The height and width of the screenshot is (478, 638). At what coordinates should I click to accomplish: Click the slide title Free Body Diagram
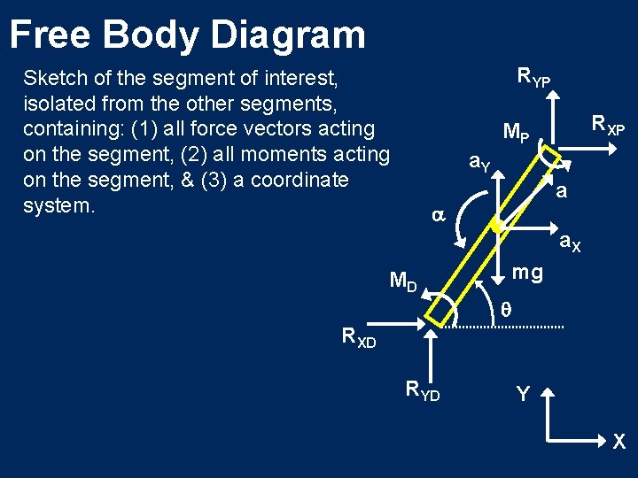tap(187, 35)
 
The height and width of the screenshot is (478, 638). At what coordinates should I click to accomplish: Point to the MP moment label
tap(516, 135)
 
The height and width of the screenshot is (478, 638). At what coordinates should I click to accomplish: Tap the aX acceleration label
tap(569, 242)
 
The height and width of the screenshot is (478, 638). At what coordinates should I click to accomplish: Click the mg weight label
tap(527, 273)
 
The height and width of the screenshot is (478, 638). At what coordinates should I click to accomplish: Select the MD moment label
tap(403, 282)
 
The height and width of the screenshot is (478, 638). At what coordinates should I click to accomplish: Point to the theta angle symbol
tap(506, 310)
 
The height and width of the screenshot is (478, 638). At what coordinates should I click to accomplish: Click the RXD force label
tap(359, 336)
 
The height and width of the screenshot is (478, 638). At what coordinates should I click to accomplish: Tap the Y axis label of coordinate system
tap(523, 393)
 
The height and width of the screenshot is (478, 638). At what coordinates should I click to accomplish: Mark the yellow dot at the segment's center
tap(496, 227)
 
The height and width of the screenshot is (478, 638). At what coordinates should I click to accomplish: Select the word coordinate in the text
tap(300, 181)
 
